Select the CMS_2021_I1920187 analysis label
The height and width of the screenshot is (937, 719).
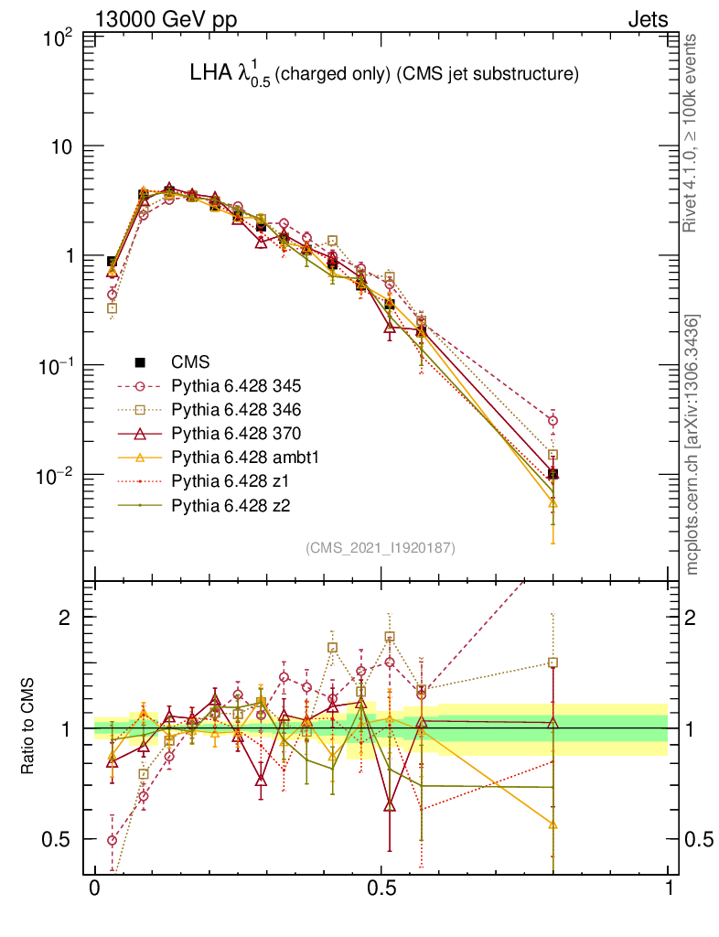(x=381, y=547)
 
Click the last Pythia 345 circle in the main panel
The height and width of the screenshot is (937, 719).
(x=553, y=421)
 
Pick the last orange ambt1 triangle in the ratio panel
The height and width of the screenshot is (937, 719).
(x=553, y=824)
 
